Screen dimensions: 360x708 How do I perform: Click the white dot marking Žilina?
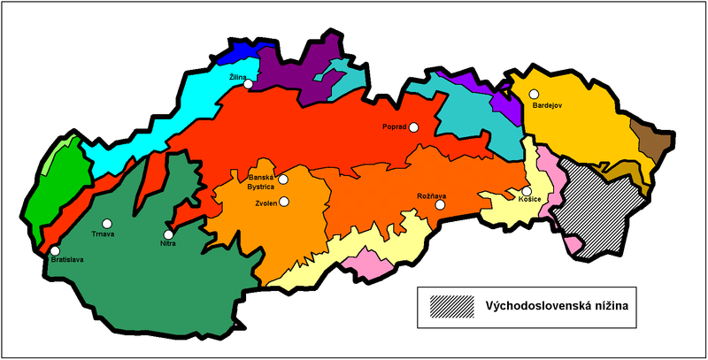249,85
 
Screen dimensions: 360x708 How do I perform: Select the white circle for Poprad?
413,127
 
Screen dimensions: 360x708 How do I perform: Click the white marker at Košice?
526,191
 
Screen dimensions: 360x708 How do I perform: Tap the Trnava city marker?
107,224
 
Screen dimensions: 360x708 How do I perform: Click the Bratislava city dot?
55,251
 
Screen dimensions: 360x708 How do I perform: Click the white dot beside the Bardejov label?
534,94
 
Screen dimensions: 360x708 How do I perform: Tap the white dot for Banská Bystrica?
283,180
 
